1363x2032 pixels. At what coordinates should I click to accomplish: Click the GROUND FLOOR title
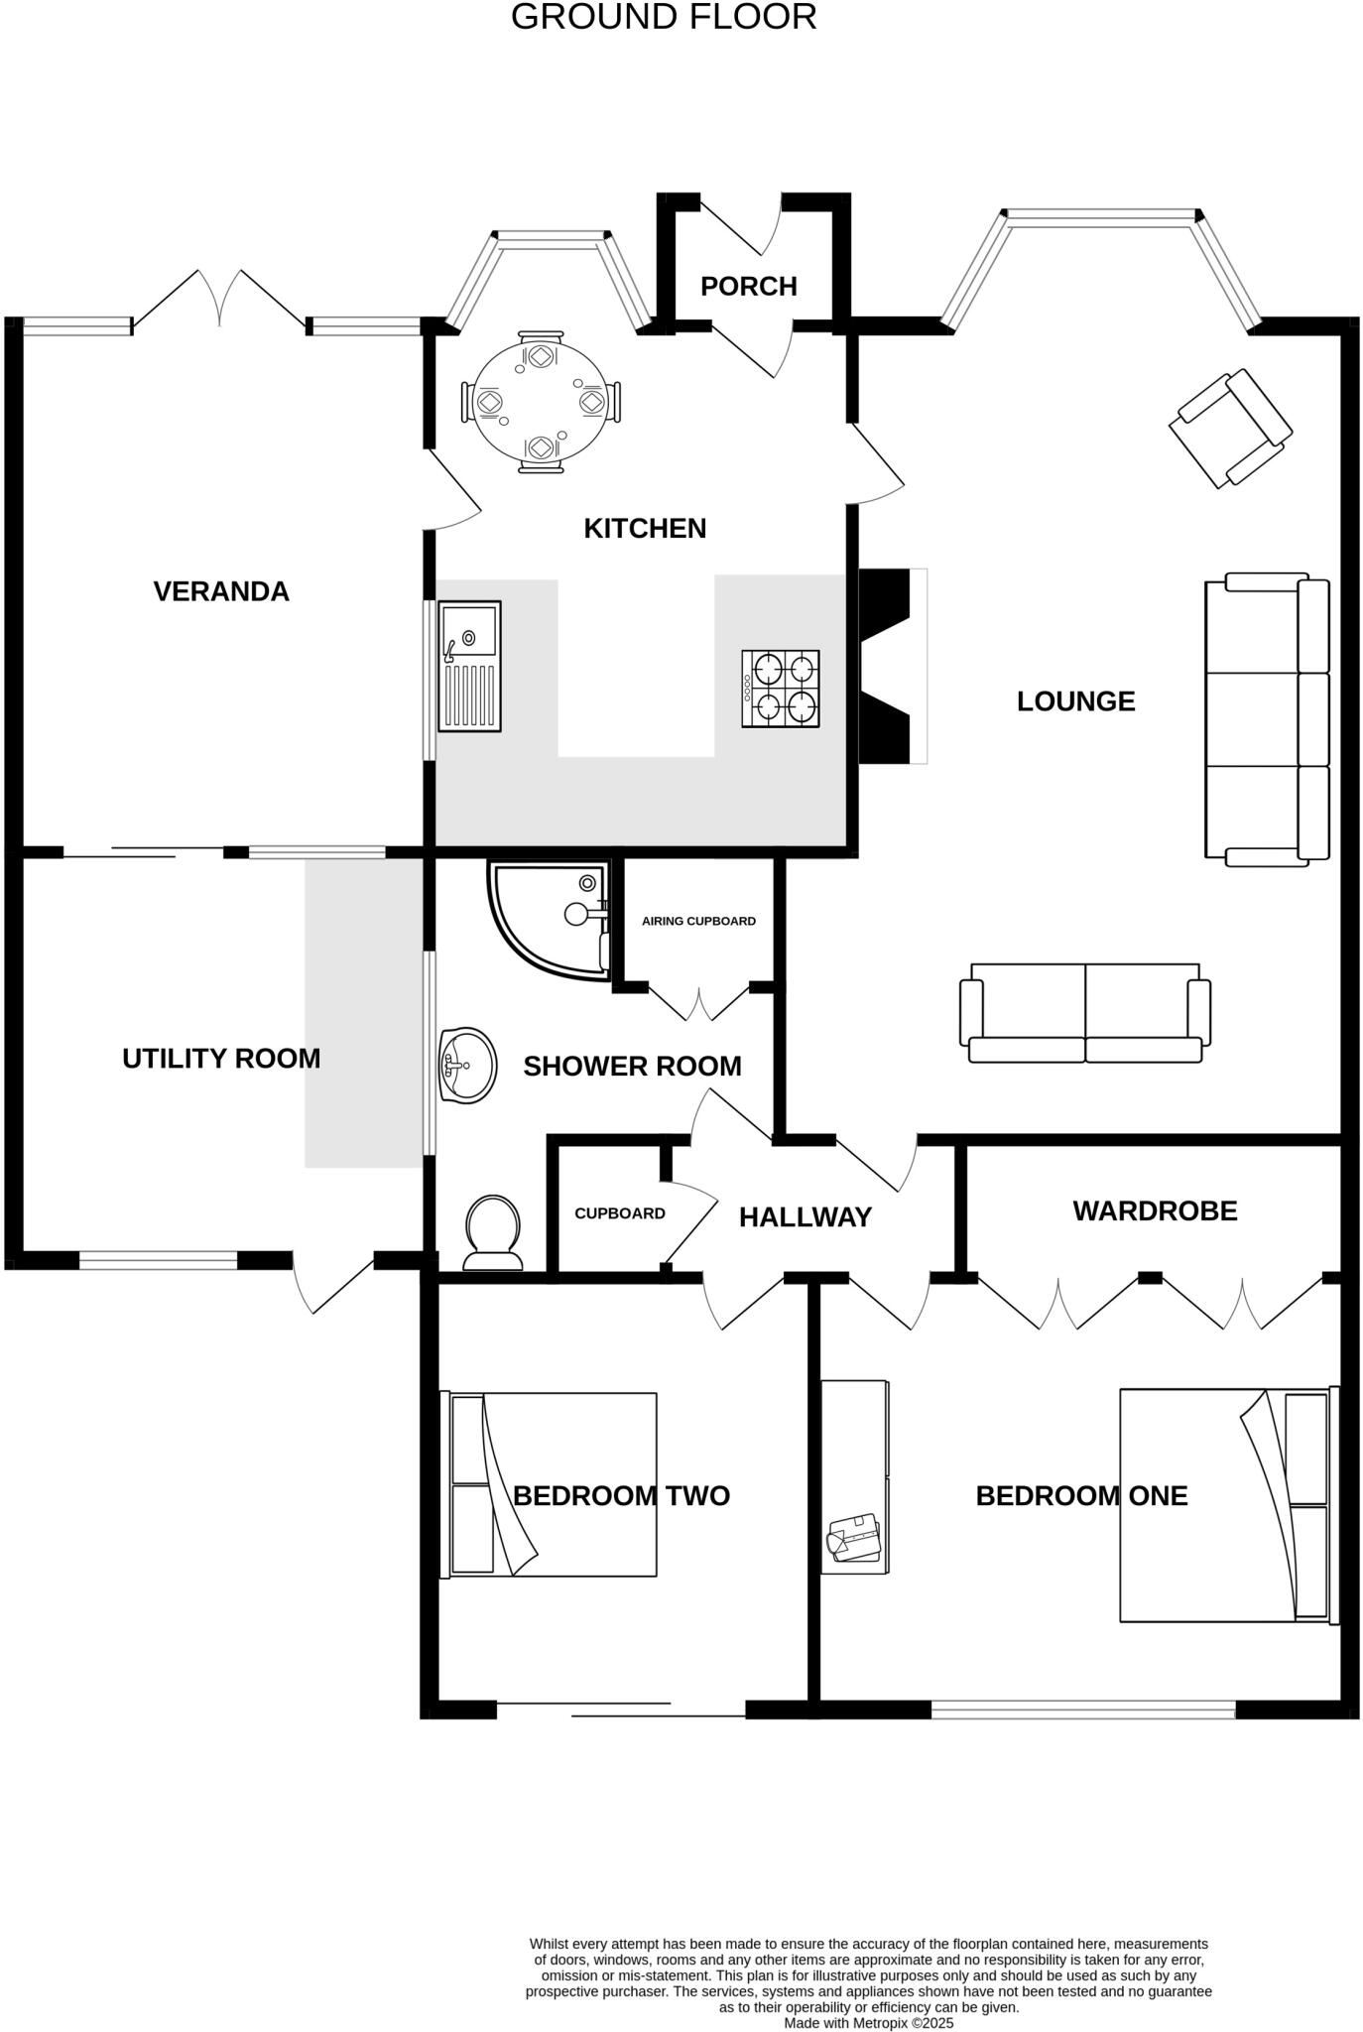point(664,17)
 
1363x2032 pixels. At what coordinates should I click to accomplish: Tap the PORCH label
point(749,287)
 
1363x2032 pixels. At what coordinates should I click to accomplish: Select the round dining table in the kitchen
point(541,402)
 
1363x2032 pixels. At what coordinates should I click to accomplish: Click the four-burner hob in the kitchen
point(781,689)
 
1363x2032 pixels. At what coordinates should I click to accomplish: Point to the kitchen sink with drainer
point(470,666)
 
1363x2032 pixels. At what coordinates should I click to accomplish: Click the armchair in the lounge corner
point(1230,429)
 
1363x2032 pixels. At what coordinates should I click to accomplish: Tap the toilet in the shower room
point(493,1233)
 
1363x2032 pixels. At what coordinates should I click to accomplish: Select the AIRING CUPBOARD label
point(698,921)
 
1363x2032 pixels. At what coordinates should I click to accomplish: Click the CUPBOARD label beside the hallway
point(620,1213)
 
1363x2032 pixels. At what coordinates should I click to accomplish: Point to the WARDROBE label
point(1155,1211)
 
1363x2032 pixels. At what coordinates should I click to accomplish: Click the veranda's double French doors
point(219,298)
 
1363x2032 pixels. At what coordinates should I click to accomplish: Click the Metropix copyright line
point(868,2022)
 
